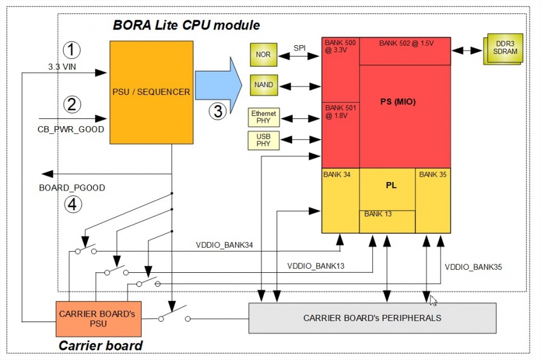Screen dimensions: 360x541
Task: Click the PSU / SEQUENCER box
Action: (x=151, y=92)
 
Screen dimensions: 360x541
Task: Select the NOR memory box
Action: (x=263, y=55)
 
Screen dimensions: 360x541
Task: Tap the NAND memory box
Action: (x=263, y=85)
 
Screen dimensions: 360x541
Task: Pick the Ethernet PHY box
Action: (x=263, y=117)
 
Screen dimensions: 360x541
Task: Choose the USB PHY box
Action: (x=263, y=140)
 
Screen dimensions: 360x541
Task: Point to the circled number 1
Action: (x=72, y=49)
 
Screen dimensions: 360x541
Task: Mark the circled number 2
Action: (x=72, y=105)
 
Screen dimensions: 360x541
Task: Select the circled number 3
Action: (x=218, y=111)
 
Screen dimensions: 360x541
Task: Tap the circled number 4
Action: (x=72, y=204)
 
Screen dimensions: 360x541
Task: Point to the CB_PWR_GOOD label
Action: (x=72, y=129)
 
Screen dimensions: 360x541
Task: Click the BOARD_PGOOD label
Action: (x=72, y=188)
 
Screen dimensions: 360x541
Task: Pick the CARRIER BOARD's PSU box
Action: (x=99, y=319)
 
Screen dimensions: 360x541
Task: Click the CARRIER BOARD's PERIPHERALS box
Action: (x=372, y=318)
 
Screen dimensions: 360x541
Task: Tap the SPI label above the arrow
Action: (x=299, y=46)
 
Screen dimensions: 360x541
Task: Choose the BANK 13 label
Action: (x=377, y=215)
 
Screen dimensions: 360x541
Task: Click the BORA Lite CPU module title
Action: (x=186, y=25)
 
